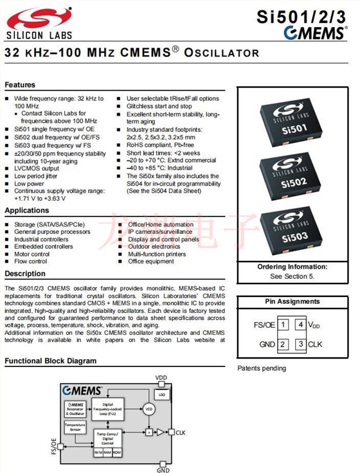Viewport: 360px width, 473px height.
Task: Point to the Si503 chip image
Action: (x=292, y=232)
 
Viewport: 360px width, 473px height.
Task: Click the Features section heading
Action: (x=20, y=85)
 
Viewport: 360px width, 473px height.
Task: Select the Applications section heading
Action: (x=26, y=211)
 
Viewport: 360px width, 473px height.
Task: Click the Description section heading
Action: (x=25, y=274)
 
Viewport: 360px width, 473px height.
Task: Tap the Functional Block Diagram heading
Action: (x=51, y=361)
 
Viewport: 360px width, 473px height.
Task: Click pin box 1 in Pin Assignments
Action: (x=283, y=325)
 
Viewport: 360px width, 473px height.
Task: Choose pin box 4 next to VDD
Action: (x=300, y=325)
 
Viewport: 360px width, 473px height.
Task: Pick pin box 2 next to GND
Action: (x=283, y=345)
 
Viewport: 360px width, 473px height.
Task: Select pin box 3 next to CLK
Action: (x=300, y=345)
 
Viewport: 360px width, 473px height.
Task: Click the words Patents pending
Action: (x=262, y=368)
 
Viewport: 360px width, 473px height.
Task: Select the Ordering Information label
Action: (x=292, y=267)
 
